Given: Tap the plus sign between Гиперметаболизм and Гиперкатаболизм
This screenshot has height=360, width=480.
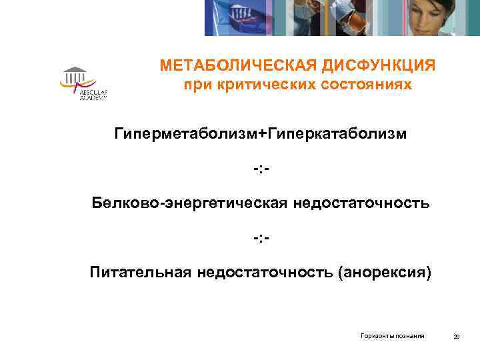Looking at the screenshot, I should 261,134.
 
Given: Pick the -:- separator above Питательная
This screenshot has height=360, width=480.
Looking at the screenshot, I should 261,237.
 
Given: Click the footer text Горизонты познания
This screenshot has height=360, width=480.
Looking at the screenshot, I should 393,336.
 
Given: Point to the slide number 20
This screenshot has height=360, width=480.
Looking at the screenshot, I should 456,336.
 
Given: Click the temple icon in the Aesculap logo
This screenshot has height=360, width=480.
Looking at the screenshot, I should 74,73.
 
